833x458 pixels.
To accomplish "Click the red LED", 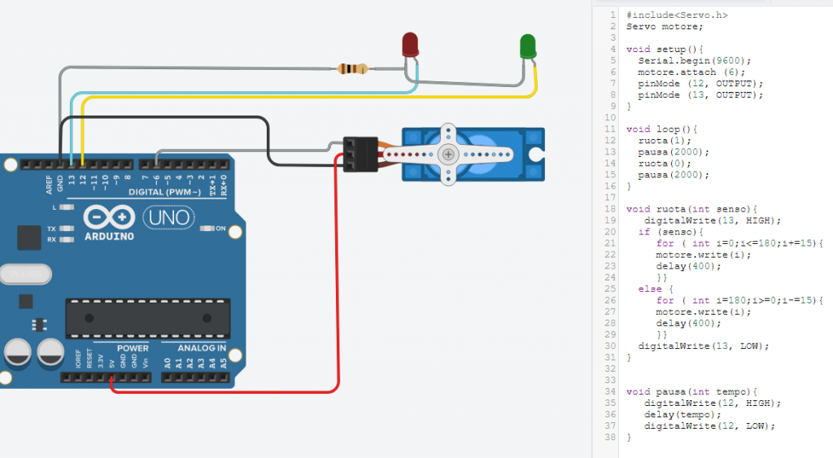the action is click(x=410, y=45).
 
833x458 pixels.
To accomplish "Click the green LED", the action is click(x=527, y=46).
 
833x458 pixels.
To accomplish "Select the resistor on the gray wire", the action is click(x=352, y=68).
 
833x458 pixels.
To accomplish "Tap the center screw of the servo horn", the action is click(x=448, y=155).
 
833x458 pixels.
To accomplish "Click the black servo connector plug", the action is click(x=360, y=154).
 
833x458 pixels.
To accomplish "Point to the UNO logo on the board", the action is click(x=169, y=217).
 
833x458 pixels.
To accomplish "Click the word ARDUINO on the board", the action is click(x=110, y=237).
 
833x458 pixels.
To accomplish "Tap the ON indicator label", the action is click(x=220, y=229).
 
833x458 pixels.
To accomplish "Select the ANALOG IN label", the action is click(x=202, y=348).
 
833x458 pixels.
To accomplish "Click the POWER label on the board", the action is click(x=133, y=348).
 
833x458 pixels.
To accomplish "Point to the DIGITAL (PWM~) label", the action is click(x=164, y=192).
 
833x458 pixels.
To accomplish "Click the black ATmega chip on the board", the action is click(x=148, y=318).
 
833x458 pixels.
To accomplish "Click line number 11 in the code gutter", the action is click(x=610, y=129).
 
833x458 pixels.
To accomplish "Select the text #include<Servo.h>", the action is click(x=677, y=15).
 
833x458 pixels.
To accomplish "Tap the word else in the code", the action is click(x=650, y=289).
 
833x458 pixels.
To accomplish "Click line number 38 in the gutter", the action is click(x=610, y=438).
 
